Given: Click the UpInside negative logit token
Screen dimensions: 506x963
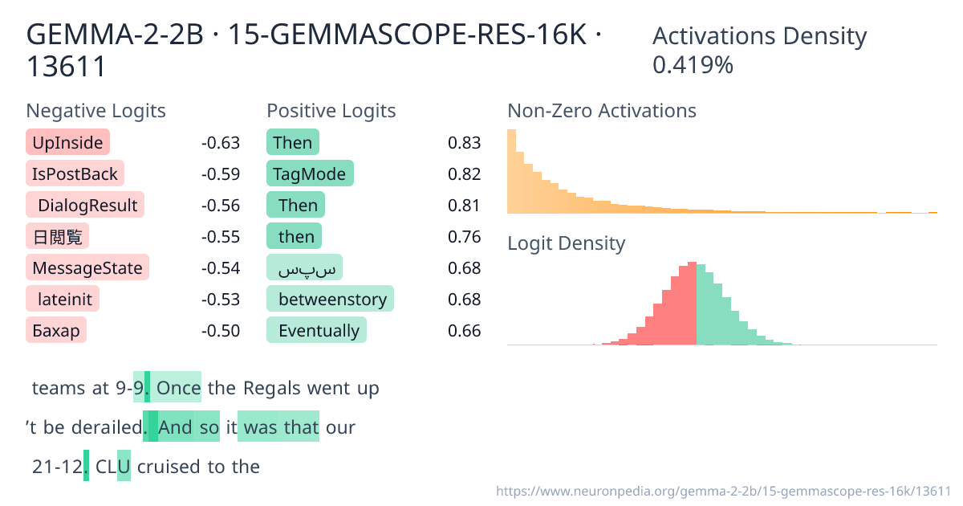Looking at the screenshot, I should (67, 143).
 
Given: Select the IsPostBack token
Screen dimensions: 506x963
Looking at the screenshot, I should (75, 174).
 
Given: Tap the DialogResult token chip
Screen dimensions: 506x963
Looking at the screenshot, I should (85, 206).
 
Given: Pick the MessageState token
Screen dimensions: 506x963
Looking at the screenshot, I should (87, 268).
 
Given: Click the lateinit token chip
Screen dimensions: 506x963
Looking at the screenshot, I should (63, 300).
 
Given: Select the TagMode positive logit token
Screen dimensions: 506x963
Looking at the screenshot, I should (309, 174).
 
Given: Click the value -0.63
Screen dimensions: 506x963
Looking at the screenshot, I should (220, 143).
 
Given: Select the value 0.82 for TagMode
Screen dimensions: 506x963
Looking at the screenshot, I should (464, 174).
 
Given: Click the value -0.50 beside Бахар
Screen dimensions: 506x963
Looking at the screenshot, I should (220, 331).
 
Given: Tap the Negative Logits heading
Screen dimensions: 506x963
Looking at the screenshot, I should (95, 111).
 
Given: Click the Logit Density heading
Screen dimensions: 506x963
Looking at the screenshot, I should (566, 243).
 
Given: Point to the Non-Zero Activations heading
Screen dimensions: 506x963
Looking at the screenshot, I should (601, 111).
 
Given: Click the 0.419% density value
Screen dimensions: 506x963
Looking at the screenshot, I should (693, 65).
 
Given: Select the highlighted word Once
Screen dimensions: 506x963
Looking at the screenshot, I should (178, 389).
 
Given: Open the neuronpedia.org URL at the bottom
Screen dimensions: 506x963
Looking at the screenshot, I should (723, 491).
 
